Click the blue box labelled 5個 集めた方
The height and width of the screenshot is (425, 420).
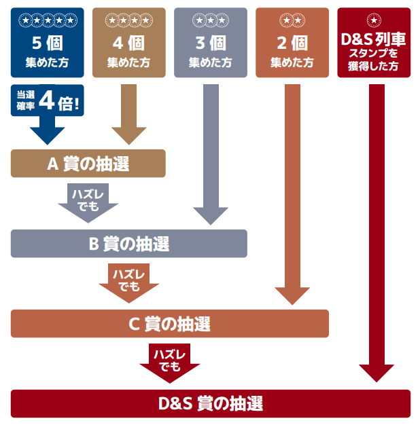click(48, 42)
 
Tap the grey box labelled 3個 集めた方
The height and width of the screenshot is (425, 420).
click(210, 42)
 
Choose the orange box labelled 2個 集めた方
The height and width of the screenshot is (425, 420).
click(292, 42)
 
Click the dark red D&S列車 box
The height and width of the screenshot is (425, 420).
click(374, 42)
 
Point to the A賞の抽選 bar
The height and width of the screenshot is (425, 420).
click(88, 164)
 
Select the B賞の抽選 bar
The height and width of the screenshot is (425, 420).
click(129, 244)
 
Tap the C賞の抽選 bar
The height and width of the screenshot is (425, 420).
click(170, 324)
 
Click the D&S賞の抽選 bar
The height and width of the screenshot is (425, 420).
click(211, 403)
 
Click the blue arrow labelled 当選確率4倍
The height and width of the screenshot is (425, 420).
click(48, 119)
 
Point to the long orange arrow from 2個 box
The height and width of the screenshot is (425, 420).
click(292, 190)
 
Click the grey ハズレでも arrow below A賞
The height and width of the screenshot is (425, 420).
click(88, 202)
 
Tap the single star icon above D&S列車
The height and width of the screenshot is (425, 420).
click(374, 20)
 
